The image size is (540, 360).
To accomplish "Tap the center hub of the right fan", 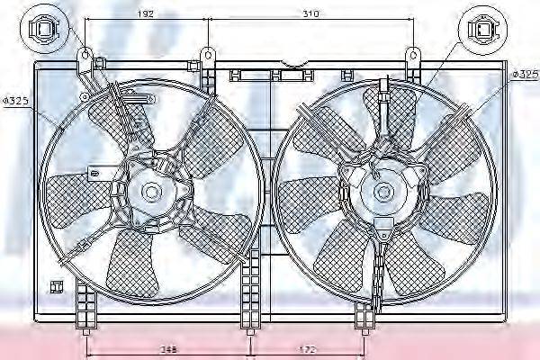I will [384, 191].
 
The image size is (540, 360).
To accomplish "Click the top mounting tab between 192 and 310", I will [208, 59].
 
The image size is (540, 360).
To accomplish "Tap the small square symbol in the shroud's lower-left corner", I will [56, 287].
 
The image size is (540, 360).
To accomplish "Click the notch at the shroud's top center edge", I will [291, 66].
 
